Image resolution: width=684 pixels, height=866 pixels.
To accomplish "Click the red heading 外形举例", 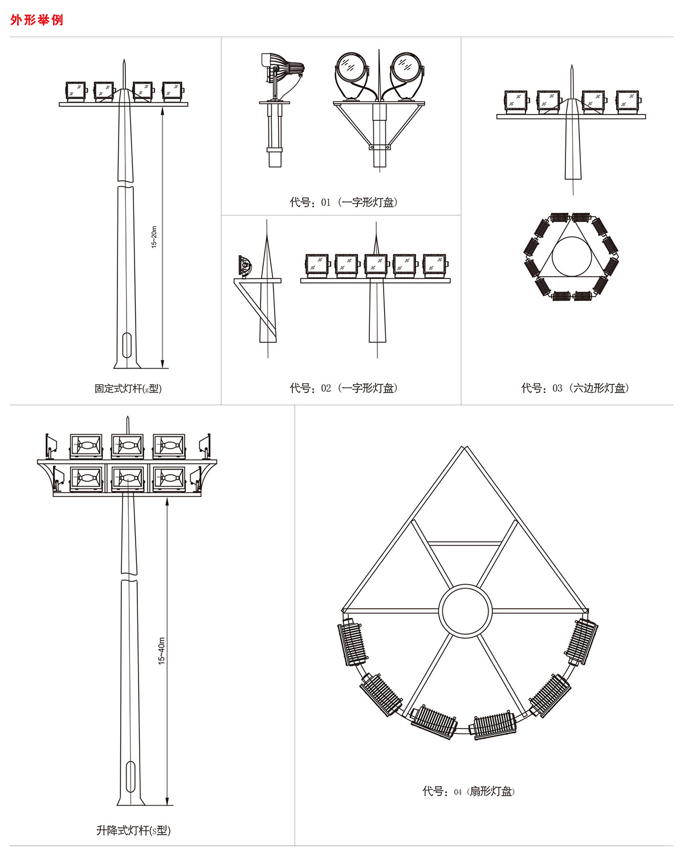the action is pyautogui.click(x=36, y=20).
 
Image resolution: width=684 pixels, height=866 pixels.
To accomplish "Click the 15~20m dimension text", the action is pyautogui.click(x=154, y=237).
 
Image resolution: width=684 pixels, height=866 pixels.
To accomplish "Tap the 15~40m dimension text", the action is pyautogui.click(x=161, y=651).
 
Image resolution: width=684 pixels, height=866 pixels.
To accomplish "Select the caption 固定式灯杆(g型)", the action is pyautogui.click(x=128, y=389).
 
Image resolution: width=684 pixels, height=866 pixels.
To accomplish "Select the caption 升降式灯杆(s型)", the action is pyautogui.click(x=133, y=830).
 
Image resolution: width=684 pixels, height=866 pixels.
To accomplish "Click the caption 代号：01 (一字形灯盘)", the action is pyautogui.click(x=344, y=202).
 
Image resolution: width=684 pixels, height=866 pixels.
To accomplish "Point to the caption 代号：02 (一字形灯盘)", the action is pyautogui.click(x=344, y=388).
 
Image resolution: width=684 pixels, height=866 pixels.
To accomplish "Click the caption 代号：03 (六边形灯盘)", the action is pyautogui.click(x=575, y=388).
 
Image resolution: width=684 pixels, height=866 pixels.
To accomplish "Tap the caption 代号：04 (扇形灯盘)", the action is pyautogui.click(x=469, y=791).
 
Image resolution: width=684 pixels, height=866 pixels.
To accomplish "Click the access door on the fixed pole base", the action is pyautogui.click(x=127, y=345).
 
